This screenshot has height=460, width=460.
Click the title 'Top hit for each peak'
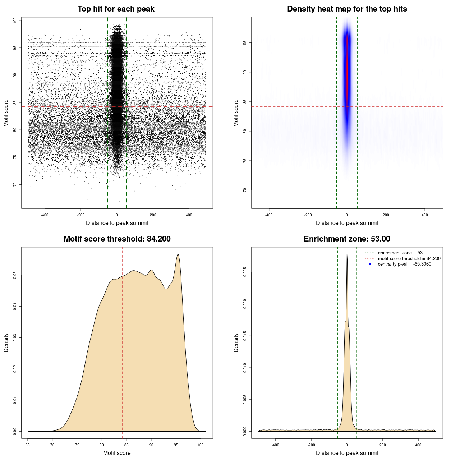tap(116, 9)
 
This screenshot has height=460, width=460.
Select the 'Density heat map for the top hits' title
tap(347, 9)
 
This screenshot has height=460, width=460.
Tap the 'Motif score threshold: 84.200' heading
tap(117, 239)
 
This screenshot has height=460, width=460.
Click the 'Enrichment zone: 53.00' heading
tap(347, 239)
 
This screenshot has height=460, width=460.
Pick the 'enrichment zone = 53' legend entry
tap(400, 253)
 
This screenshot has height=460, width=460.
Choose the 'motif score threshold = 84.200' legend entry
tap(409, 259)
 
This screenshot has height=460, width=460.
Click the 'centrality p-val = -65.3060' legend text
tap(404, 264)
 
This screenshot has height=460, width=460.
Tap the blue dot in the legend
tap(370, 264)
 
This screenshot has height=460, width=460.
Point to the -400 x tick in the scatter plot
tap(45, 215)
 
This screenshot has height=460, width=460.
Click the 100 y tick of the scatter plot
tap(15, 20)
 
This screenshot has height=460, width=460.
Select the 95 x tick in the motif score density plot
tap(176, 445)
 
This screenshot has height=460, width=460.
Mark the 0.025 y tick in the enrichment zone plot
tap(245, 272)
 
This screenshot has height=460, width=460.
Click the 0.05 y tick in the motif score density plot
tap(15, 275)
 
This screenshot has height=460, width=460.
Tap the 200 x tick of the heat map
tap(386, 215)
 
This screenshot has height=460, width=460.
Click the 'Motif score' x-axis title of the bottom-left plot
tap(117, 453)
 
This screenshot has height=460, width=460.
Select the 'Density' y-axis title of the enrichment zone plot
tap(236, 342)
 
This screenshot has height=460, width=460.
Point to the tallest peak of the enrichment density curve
tap(347, 255)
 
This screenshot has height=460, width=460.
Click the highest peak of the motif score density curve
tap(178, 255)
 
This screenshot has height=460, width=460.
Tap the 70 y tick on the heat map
tap(245, 190)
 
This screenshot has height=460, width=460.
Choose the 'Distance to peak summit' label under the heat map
tap(347, 223)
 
